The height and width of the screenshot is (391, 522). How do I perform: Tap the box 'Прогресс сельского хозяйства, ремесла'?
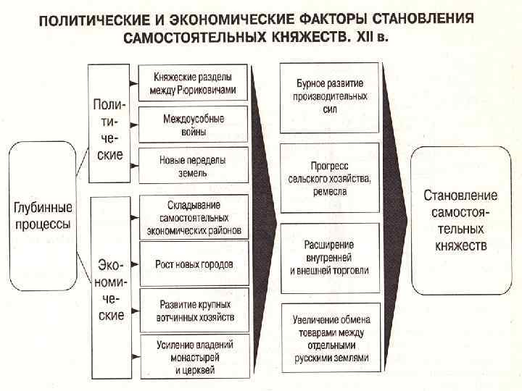[330, 178]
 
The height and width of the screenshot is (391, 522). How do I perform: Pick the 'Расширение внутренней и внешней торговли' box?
[330, 258]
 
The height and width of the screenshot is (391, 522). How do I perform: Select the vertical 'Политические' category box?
[107, 123]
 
